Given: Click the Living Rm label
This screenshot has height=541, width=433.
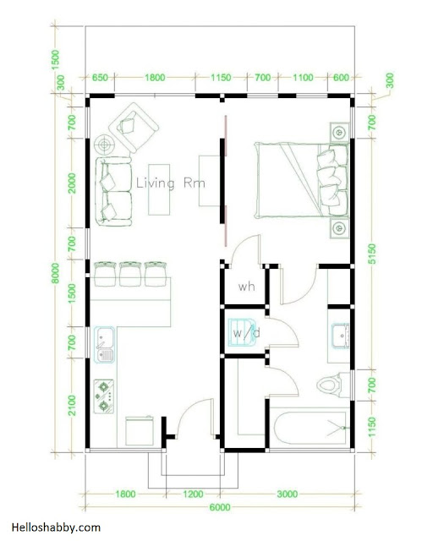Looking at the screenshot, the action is point(171,183).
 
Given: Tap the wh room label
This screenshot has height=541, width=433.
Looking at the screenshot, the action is point(247,287).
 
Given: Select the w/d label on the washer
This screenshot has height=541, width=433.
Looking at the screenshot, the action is point(247,333).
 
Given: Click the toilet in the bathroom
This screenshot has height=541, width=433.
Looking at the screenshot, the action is point(330,385).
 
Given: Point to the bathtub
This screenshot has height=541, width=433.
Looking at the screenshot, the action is point(310,427).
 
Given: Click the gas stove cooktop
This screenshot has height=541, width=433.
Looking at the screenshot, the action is point(104,396).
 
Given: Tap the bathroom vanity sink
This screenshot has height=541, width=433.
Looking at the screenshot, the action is point(340,336).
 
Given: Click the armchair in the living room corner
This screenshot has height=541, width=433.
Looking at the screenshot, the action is point(134,127).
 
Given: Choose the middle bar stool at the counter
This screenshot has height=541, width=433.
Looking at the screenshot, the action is point(130,274).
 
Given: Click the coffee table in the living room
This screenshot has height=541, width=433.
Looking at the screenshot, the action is point(159,189).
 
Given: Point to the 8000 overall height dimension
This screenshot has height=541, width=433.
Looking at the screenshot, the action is point(57,273).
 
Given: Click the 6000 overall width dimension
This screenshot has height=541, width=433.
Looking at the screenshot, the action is point(220,507).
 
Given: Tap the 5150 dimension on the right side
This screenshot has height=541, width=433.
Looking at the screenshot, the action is point(372,254).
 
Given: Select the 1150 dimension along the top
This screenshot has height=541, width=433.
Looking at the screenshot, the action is point(221,77).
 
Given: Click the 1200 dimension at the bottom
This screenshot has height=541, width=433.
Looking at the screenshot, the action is point(193,494).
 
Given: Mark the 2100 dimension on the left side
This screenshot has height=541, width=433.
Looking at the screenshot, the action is point(72,405).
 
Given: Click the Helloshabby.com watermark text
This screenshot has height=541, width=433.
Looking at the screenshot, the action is point(56,527).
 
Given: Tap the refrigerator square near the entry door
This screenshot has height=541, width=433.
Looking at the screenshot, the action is point(140,431).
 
